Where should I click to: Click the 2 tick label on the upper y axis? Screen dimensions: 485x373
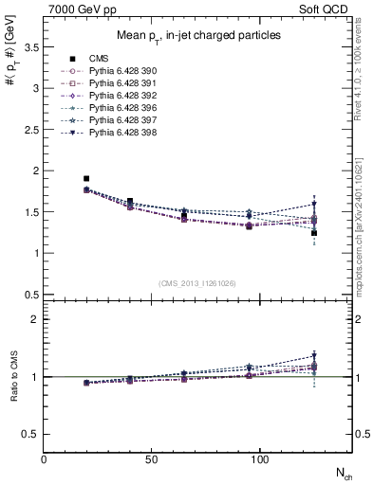(x=36, y=171)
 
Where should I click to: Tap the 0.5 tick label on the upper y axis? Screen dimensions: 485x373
(x=31, y=295)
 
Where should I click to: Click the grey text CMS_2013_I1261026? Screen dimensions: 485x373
(x=197, y=283)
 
